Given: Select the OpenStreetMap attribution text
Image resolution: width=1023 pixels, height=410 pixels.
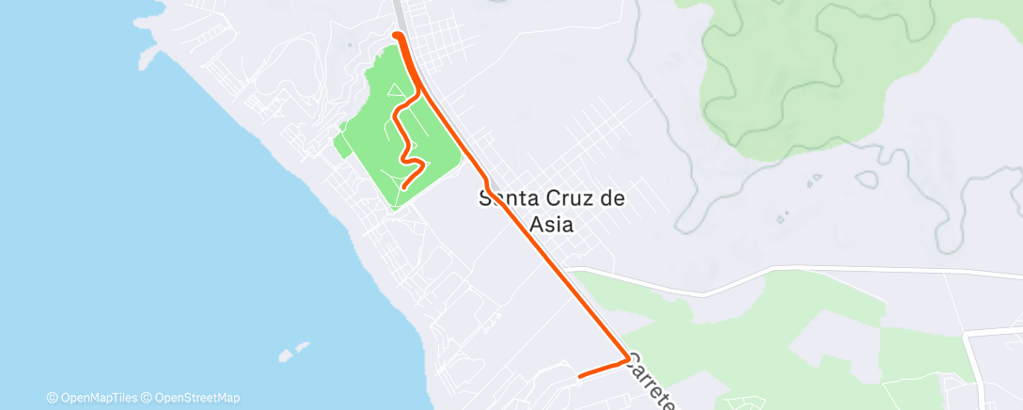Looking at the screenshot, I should point(197,398).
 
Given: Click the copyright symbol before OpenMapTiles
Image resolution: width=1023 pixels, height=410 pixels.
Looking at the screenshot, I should point(53,398).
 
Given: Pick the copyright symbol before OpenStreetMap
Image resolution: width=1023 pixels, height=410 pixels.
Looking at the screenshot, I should point(148,398).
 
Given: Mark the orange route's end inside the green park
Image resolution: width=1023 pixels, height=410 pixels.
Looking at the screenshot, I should point(403,188).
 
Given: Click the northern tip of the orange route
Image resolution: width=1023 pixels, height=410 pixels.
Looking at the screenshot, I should point(396,36).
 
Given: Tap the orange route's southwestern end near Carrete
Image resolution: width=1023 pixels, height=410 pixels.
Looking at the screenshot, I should point(579,376).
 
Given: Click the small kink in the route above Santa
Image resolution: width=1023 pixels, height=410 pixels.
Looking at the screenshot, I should point(483,177).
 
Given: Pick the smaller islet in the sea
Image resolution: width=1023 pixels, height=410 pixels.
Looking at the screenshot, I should point(304,346).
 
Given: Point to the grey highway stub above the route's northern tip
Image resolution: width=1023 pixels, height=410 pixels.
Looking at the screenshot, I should point(400,14).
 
